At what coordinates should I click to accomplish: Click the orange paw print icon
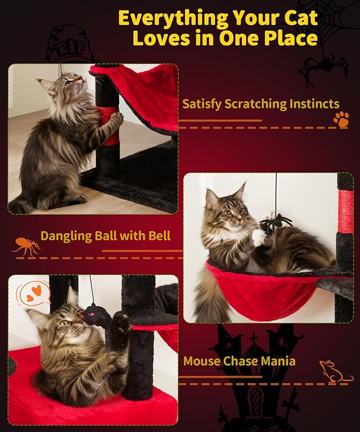[x=341, y=119]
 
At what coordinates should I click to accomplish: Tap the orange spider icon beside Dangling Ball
[x=27, y=246]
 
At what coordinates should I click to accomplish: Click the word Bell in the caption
[x=160, y=236]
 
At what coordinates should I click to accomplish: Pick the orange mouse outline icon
[x=335, y=372]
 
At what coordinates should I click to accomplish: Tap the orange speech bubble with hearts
[x=33, y=293]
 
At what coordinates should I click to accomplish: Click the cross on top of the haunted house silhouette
[x=253, y=338]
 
